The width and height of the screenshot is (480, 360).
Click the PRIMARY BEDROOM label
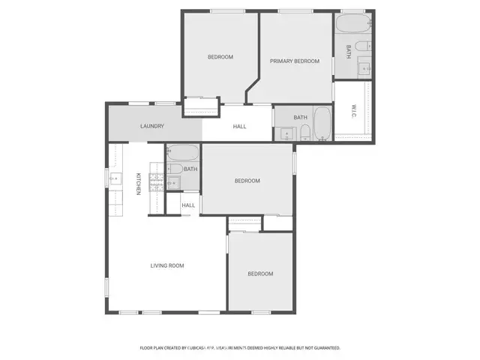tap(295, 61)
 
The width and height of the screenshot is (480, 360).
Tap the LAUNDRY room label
tap(151, 126)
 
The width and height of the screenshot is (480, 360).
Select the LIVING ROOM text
tap(167, 265)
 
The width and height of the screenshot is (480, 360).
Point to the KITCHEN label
tap(139, 184)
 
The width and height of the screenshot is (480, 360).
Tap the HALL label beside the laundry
tap(239, 126)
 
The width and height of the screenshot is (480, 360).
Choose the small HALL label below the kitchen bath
tap(188, 205)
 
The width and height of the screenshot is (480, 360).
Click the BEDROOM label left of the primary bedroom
tap(220, 57)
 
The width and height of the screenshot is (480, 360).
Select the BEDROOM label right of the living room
tap(260, 274)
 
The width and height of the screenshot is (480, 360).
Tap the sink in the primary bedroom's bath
tap(364, 68)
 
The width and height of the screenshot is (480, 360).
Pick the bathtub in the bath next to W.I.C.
tap(322, 124)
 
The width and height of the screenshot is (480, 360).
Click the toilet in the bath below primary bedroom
tap(305, 134)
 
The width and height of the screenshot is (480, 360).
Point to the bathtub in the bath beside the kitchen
tap(182, 154)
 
